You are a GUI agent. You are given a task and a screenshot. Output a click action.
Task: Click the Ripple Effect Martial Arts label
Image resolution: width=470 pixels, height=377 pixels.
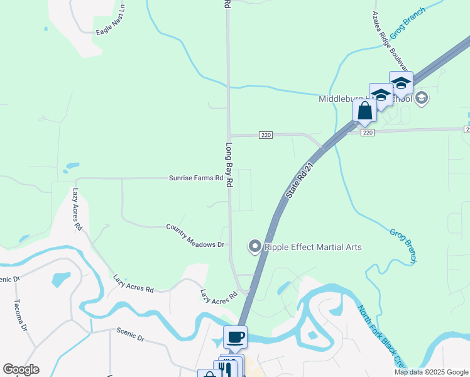[x=313, y=247]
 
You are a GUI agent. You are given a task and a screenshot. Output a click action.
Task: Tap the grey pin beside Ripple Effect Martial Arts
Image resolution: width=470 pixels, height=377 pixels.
[x=254, y=246]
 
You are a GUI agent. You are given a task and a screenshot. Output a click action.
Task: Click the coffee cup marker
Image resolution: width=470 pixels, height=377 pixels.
[x=235, y=337]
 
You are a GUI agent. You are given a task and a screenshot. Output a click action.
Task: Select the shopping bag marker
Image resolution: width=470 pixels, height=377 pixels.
[x=364, y=111]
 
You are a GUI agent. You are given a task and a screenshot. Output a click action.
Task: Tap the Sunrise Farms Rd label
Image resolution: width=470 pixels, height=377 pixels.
[x=196, y=178]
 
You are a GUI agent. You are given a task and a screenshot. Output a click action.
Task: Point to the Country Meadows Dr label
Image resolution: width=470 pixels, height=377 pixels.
[x=195, y=235]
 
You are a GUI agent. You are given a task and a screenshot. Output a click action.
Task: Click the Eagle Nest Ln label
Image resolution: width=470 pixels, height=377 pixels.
[x=111, y=21]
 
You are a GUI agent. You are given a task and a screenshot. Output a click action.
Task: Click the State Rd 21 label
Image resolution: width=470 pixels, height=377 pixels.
[x=300, y=178]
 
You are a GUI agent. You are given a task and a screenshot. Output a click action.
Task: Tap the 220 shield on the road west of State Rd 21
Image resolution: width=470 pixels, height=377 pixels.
[x=266, y=135]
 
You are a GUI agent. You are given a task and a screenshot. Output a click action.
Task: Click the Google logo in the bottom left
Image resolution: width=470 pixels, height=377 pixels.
[x=21, y=369]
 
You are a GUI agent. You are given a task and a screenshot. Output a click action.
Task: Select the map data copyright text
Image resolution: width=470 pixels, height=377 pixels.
[x=431, y=372]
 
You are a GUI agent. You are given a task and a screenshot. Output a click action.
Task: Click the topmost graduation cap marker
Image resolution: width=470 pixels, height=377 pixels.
[x=400, y=83]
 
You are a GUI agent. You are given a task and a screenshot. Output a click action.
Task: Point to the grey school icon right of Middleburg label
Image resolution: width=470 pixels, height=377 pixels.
[x=421, y=97]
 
